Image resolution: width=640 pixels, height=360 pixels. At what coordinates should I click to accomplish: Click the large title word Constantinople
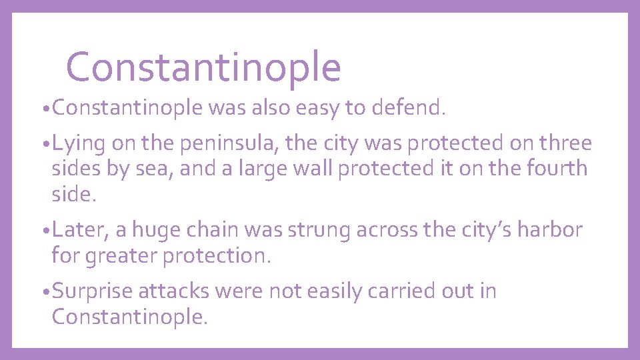[x=203, y=67]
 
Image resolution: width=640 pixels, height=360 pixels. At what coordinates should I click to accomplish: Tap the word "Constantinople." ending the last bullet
[x=129, y=316]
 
